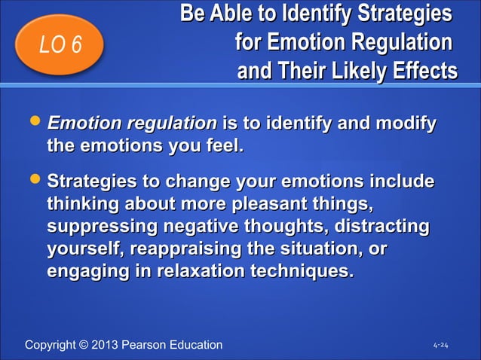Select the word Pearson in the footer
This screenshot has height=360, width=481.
click(x=150, y=345)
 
